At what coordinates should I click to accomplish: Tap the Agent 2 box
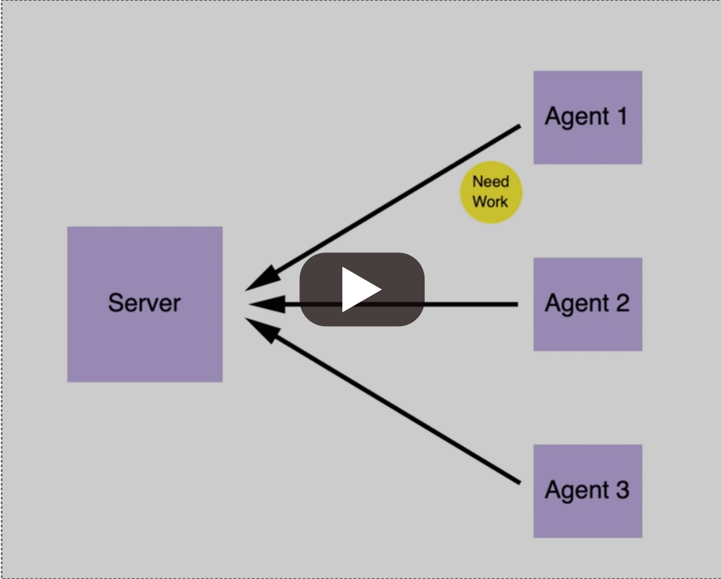[x=587, y=330]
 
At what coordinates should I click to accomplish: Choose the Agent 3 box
[x=587, y=519]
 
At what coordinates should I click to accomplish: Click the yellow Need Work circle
[x=491, y=192]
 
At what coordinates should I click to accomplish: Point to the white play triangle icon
[x=360, y=289]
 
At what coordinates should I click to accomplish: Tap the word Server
[x=145, y=303]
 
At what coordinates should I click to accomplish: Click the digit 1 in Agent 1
[x=621, y=116]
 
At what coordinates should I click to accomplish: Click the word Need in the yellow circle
[x=491, y=182]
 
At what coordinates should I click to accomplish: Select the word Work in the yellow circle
[x=491, y=202]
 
